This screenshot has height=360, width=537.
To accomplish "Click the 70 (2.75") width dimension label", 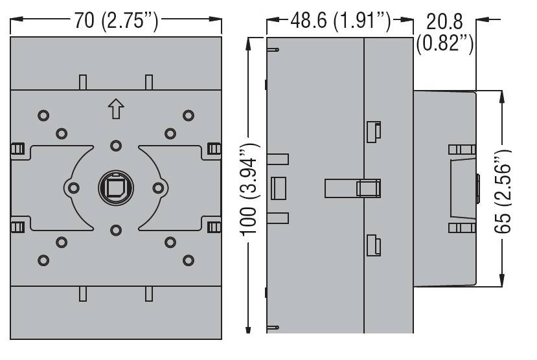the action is tap(117, 21).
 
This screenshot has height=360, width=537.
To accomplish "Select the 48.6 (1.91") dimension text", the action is tap(341, 21).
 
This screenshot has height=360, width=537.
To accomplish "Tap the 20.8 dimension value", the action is tap(444, 21).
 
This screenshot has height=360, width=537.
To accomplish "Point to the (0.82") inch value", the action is tap(445, 43).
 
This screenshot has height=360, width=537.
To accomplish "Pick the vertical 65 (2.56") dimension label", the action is tap(503, 192).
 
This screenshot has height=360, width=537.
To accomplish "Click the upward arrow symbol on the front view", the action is tap(116, 109).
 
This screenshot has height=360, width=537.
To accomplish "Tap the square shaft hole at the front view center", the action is tap(116, 188).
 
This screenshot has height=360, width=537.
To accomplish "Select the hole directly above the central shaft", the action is tap(116, 146).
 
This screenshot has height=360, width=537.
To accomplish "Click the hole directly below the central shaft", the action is tap(116, 230).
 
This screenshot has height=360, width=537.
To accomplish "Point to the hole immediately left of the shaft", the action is tap(74, 188).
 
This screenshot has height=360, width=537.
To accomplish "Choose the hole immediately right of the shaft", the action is tap(158, 188).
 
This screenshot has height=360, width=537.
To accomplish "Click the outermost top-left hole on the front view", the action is tap(43, 115).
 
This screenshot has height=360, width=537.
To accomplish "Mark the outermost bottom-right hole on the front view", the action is tap(189, 260).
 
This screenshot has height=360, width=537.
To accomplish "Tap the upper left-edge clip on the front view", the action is tap(17, 149).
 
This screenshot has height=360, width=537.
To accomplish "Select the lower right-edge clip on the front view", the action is tap(214, 227).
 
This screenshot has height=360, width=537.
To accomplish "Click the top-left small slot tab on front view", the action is tap(83, 82).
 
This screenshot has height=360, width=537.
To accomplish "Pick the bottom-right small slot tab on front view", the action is tap(149, 294).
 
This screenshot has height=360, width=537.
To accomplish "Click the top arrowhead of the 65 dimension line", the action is tap(503, 97).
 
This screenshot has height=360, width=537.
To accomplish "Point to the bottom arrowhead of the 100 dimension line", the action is tap(248, 327).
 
